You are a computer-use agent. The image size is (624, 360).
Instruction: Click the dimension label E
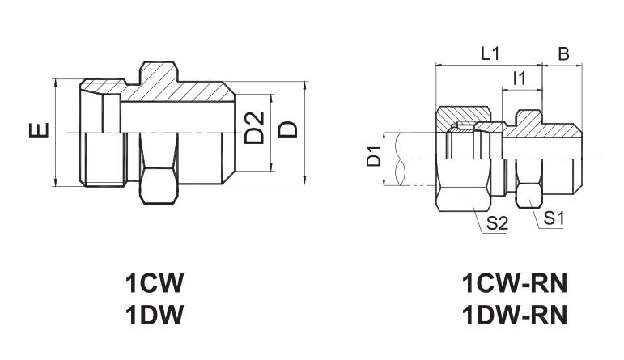click(x=39, y=130)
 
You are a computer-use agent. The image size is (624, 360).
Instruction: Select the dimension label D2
click(x=254, y=127)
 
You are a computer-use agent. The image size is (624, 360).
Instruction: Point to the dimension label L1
click(x=490, y=53)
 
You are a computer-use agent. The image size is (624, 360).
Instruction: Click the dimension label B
click(x=563, y=53)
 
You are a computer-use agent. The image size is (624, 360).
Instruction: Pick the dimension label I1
click(x=520, y=78)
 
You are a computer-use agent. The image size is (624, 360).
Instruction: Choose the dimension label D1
click(x=374, y=156)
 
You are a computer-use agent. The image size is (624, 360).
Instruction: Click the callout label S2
click(x=498, y=223)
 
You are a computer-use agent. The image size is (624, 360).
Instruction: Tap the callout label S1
click(x=554, y=218)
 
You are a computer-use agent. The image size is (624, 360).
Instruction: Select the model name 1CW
click(x=155, y=283)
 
